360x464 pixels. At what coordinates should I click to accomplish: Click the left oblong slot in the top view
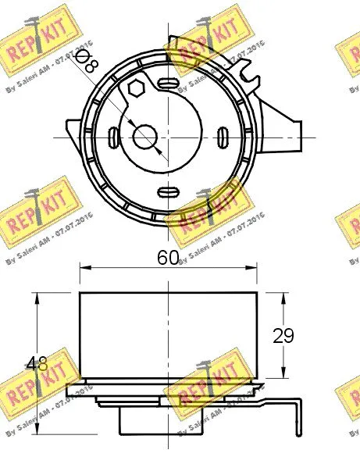click(114, 137)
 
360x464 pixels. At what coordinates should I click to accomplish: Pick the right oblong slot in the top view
click(222, 137)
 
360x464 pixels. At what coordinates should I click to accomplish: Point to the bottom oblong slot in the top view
click(168, 192)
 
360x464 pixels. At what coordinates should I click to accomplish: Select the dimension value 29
click(283, 336)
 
